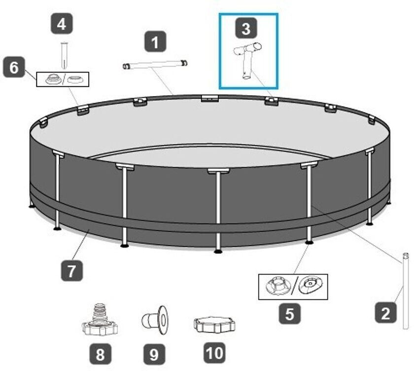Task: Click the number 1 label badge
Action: click(155, 42)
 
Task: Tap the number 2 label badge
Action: click(386, 313)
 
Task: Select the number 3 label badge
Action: click(246, 28)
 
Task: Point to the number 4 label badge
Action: click(62, 24)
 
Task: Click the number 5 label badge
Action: click(290, 313)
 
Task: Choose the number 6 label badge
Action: click(14, 67)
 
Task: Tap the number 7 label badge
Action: click(72, 270)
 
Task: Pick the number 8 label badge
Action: click(100, 354)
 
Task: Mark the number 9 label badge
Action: click(154, 354)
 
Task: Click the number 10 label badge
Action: click(215, 353)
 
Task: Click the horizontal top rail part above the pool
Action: click(155, 65)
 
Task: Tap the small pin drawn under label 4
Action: click(64, 55)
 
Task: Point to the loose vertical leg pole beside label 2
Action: click(406, 291)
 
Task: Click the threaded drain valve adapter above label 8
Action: click(100, 320)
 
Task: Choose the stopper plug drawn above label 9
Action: click(155, 320)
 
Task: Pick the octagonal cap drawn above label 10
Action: click(214, 325)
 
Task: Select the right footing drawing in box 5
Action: click(310, 285)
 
